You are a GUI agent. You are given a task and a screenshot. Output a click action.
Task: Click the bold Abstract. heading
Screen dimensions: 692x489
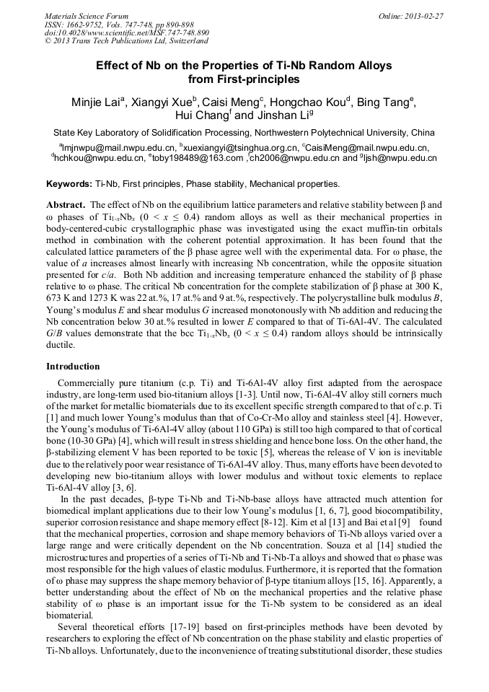(66, 205)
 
